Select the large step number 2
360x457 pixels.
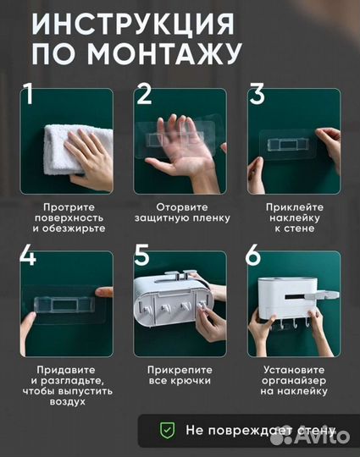tap(144, 95)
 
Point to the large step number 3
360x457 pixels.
tap(257, 95)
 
